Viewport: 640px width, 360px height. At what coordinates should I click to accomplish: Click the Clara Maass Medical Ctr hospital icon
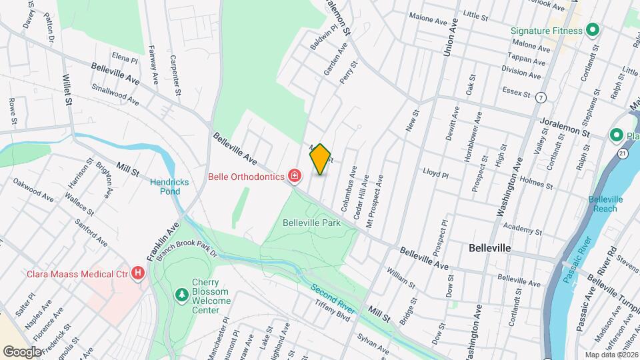pos(138,273)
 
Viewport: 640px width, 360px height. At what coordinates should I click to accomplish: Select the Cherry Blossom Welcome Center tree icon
pos(180,294)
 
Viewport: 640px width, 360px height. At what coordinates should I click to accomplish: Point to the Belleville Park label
pos(311,223)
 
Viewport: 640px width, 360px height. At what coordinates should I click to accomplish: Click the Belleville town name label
pos(490,247)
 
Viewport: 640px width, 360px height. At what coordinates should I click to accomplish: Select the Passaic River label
pos(579,258)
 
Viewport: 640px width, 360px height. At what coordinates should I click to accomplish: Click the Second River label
pos(332,301)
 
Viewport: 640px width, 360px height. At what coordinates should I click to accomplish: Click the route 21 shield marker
pos(621,154)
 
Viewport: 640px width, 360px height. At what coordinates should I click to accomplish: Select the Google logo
pos(22,351)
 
